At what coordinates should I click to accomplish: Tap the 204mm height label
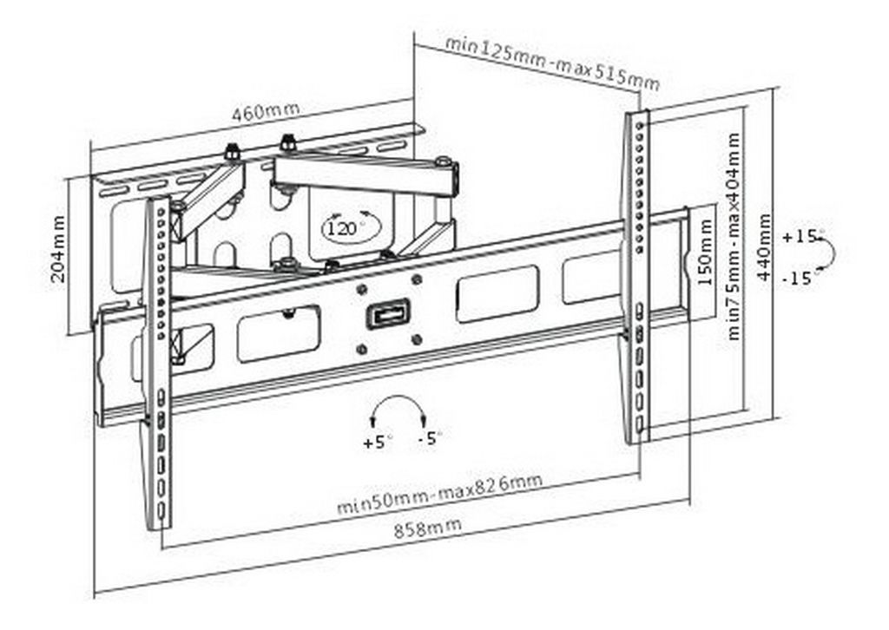coord(58,248)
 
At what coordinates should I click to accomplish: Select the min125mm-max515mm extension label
coord(553,62)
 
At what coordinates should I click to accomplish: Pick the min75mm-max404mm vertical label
coord(734,236)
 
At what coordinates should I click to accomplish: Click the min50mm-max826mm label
coord(440,494)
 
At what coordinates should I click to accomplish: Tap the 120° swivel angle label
coord(342,229)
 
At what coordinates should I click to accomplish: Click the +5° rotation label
coord(378,441)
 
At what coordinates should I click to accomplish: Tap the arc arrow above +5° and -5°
coord(398,397)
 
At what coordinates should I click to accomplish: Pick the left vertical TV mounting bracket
coord(158,363)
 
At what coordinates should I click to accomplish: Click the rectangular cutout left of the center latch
coord(279,334)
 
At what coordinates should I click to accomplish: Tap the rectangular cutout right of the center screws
coord(497,294)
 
